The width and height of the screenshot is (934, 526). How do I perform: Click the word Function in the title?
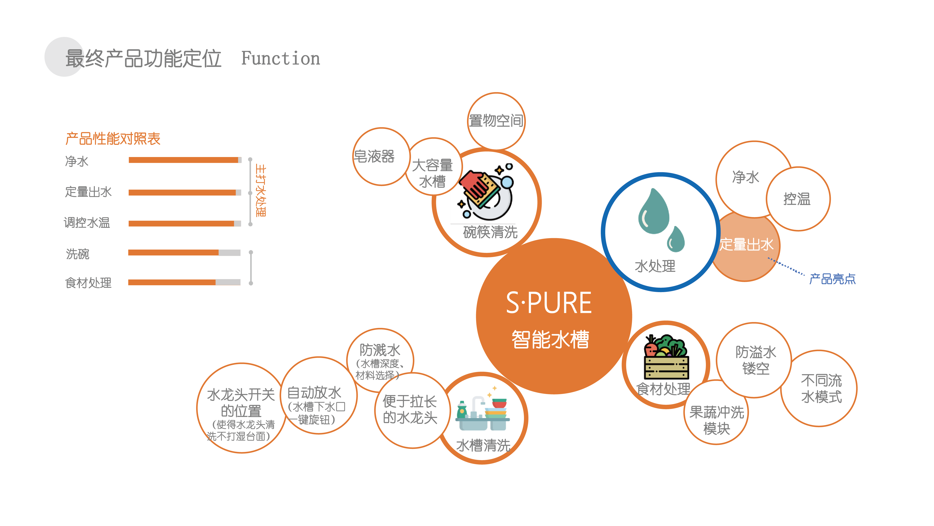(x=280, y=58)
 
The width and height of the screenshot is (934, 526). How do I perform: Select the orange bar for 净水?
(x=183, y=160)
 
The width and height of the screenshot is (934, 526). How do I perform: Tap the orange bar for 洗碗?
(x=173, y=252)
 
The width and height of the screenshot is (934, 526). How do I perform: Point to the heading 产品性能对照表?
(x=113, y=139)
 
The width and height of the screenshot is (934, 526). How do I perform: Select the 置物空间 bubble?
(x=496, y=121)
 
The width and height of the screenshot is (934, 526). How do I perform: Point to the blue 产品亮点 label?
(x=832, y=279)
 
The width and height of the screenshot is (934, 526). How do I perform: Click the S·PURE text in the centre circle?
(x=548, y=303)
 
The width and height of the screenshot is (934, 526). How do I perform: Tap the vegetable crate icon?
(x=666, y=357)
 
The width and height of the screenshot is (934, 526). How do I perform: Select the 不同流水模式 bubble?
(x=821, y=389)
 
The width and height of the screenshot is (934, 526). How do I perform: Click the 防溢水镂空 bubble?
(x=755, y=360)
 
